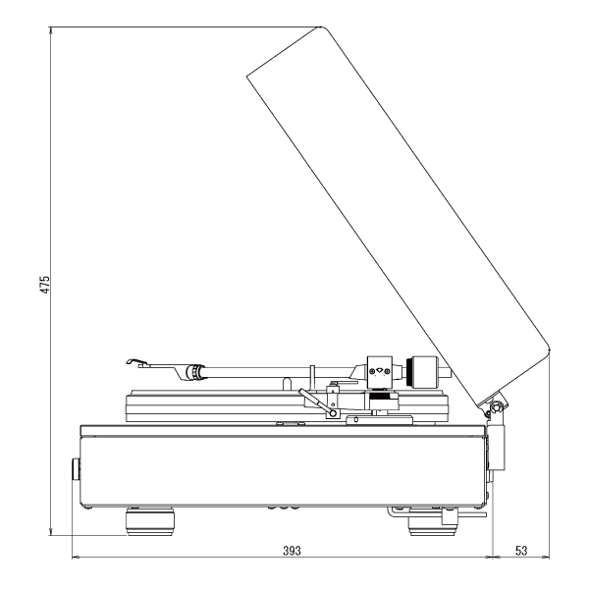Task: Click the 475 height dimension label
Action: click(45, 285)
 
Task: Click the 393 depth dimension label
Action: click(292, 551)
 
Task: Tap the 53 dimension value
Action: click(521, 551)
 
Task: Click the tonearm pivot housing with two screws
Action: click(379, 371)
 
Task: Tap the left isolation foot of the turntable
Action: click(150, 522)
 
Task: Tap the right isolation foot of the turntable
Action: click(432, 523)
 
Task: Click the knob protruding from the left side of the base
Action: click(76, 469)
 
